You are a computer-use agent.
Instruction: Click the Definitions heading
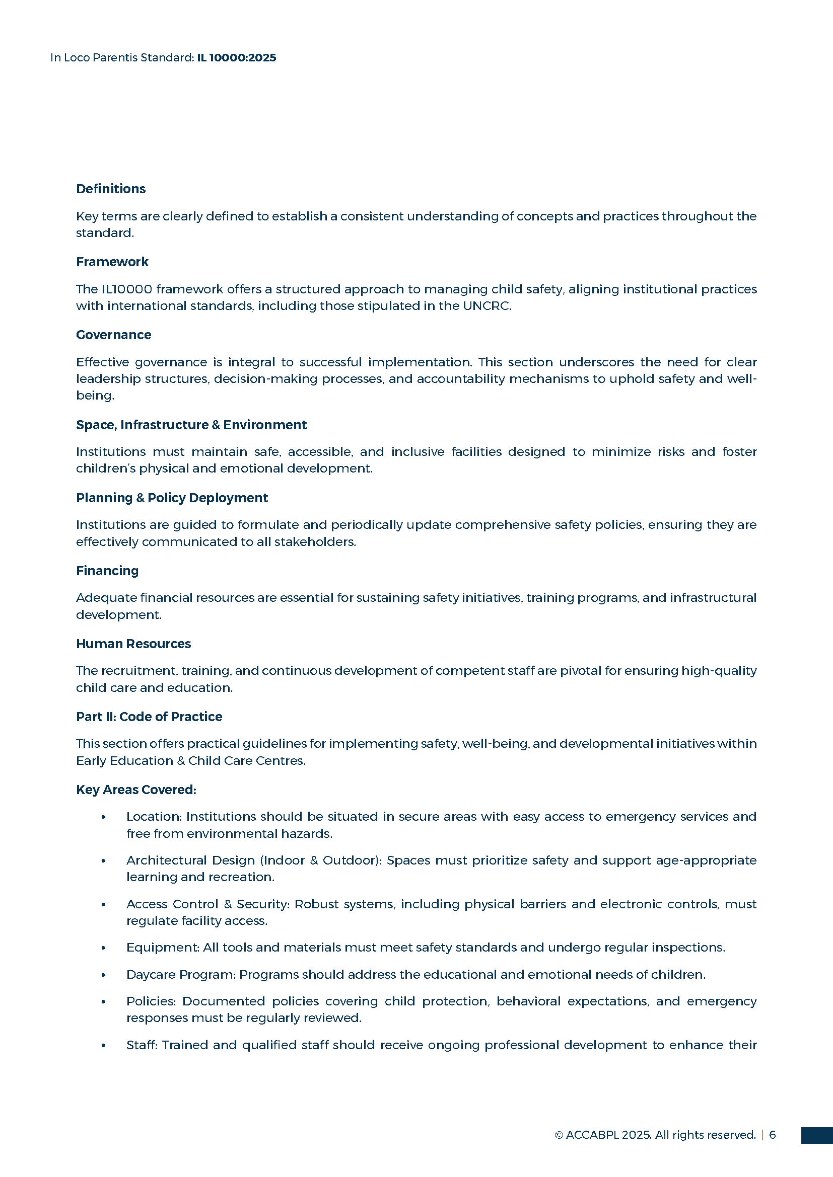coord(111,189)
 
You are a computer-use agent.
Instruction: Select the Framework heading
coord(112,262)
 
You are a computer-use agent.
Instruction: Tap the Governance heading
coord(113,335)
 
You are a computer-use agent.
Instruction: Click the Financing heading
coord(107,571)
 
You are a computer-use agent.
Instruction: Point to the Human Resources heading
coord(133,644)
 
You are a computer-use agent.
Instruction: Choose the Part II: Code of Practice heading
coord(149,717)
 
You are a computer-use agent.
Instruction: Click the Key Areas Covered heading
coord(136,790)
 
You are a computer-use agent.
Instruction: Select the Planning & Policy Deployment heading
coord(172,498)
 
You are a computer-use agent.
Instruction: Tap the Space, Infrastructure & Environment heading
coord(191,425)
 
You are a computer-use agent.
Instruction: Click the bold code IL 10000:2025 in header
coord(237,57)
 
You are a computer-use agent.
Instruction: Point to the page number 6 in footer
coord(773,1135)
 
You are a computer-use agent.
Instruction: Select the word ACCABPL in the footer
coord(592,1135)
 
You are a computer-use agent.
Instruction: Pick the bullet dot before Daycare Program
coord(104,975)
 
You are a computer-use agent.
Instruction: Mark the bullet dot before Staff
coord(104,1045)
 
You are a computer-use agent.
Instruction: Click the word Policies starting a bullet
coord(151,1001)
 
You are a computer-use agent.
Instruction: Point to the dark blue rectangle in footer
coord(816,1135)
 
